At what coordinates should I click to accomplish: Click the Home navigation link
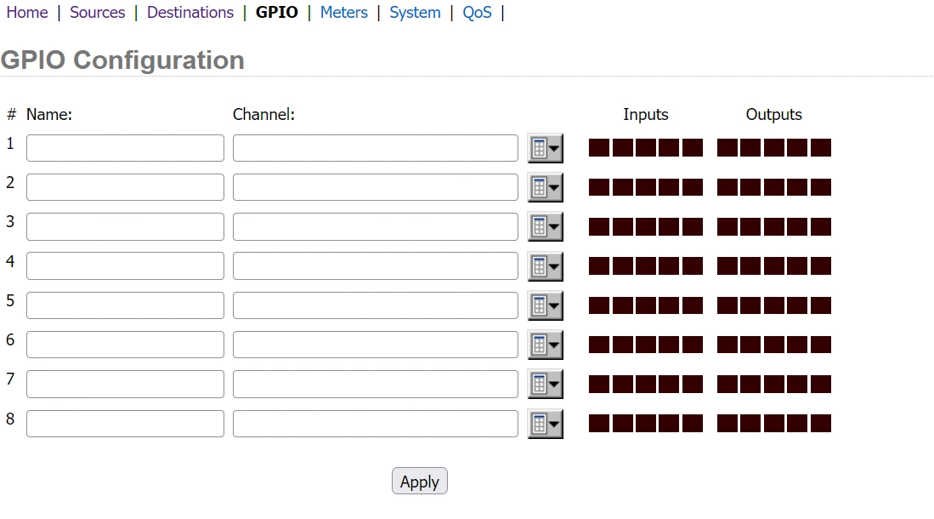[27, 13]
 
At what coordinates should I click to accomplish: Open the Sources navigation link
[97, 13]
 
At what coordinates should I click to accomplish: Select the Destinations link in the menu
[190, 13]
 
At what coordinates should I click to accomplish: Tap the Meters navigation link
[343, 13]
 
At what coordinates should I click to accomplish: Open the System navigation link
[415, 13]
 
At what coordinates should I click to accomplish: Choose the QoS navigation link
[477, 13]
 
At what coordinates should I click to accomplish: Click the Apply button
[419, 482]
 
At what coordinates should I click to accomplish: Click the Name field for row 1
[125, 148]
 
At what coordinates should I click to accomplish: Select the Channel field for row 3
[376, 226]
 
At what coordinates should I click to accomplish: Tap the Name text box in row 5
[125, 305]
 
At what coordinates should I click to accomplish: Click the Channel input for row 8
[376, 424]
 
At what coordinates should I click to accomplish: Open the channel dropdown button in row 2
[545, 187]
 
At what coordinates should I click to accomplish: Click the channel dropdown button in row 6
[545, 345]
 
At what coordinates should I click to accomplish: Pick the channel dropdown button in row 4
[545, 266]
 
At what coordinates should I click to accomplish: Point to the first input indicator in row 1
[598, 148]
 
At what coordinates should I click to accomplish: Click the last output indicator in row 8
[821, 424]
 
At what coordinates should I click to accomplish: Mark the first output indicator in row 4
[727, 266]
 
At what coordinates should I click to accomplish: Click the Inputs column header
[646, 115]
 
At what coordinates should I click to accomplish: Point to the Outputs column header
[773, 115]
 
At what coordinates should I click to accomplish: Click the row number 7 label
[10, 379]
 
